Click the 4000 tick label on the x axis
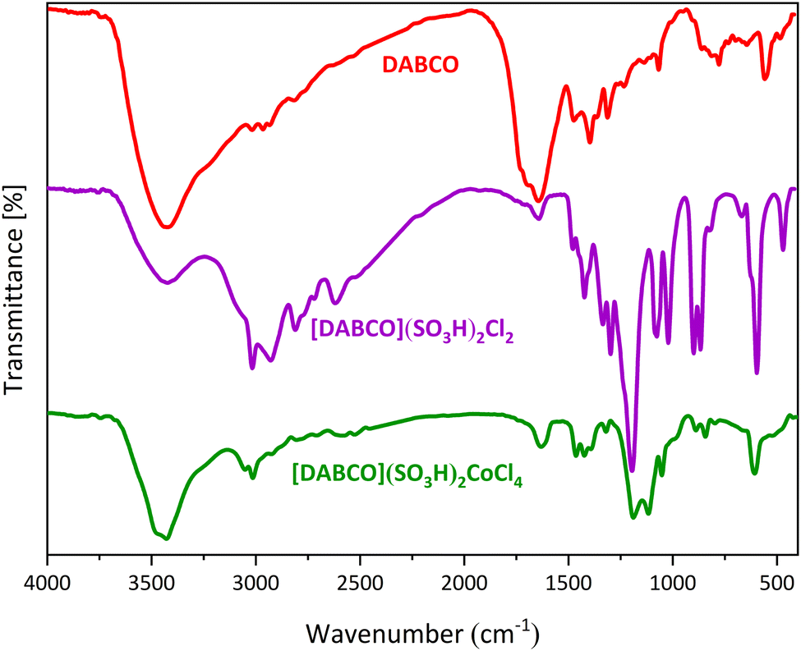pos(48,585)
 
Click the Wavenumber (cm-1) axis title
pos(423,632)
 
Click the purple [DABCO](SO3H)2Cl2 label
pos(412,331)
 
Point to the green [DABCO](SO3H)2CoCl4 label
pos(407,472)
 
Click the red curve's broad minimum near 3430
pos(167,227)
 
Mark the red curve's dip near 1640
pos(538,200)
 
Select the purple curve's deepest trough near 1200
pos(632,470)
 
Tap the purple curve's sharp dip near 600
pos(757,373)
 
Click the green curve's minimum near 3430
pos(167,539)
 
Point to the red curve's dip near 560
pos(765,79)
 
